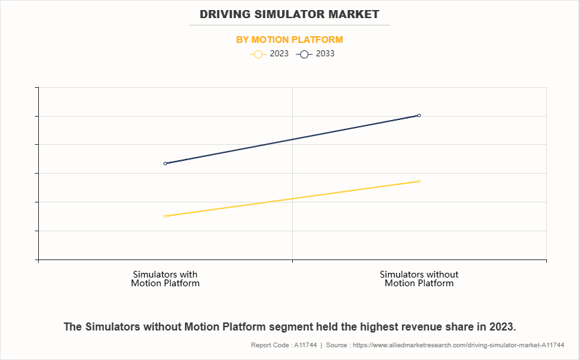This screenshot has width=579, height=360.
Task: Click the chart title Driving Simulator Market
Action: pos(289,14)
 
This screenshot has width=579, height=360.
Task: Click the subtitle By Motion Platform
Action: pos(289,40)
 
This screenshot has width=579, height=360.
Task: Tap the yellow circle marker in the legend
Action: pos(258,54)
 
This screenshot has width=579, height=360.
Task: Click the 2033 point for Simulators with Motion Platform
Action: pos(165,164)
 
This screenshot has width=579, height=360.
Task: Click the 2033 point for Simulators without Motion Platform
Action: pos(419,115)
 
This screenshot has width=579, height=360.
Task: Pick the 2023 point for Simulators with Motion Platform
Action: pos(165,216)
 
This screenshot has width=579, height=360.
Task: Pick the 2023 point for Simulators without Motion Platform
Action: pos(419,181)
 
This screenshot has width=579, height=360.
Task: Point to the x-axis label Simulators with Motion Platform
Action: pos(165,279)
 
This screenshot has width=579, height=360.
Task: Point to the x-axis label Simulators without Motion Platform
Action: pos(419,279)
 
